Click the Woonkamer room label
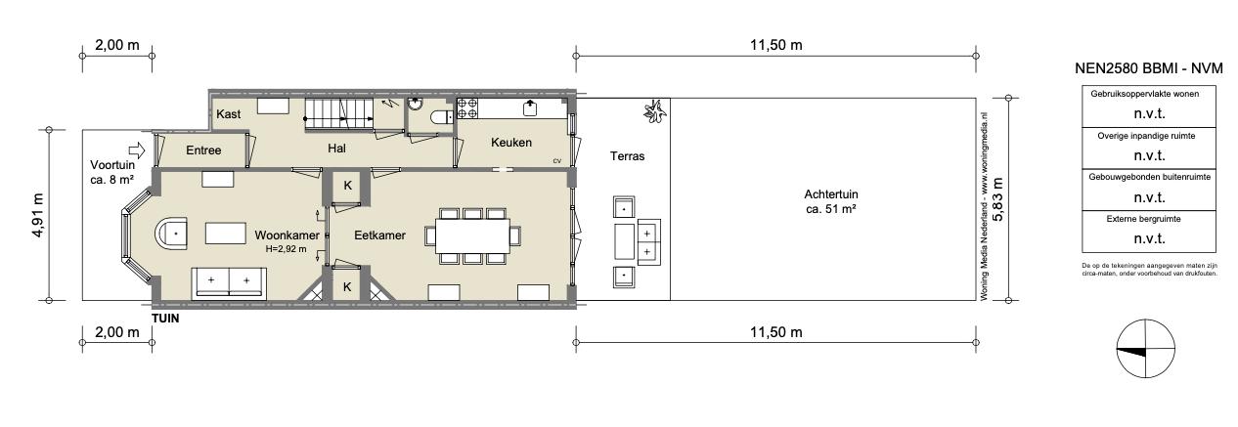click(287, 235)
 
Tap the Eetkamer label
click(379, 235)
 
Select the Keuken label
click(511, 143)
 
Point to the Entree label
click(203, 150)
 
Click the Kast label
click(228, 114)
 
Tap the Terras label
click(627, 156)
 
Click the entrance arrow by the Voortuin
click(137, 150)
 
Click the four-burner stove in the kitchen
click(467, 108)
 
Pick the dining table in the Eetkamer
click(472, 235)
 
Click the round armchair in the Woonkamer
click(171, 235)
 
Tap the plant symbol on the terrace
click(655, 111)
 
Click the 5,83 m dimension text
click(997, 199)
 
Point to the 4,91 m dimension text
click(37, 215)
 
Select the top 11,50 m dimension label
click(776, 45)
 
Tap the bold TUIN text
click(165, 319)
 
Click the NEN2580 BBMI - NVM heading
click(1149, 68)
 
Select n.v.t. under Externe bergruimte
click(1150, 238)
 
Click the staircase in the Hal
click(338, 115)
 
